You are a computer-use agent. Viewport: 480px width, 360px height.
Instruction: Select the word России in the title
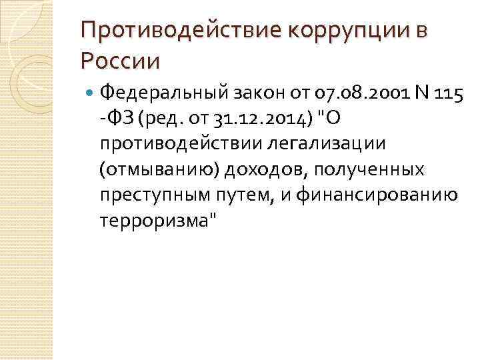tap(120, 61)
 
